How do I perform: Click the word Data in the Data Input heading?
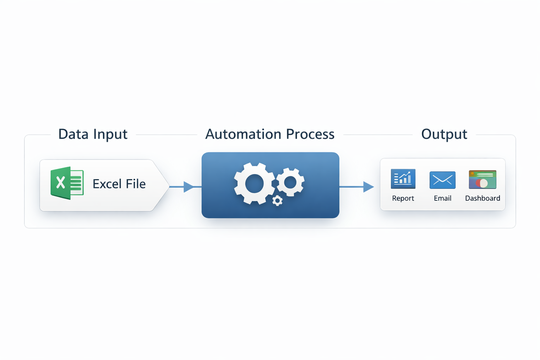[71, 134]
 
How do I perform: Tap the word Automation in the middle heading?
[243, 134]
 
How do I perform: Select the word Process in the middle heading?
[310, 134]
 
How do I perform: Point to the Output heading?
[444, 134]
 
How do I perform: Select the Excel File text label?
[119, 184]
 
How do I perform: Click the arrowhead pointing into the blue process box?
[189, 187]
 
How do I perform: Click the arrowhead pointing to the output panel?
[368, 187]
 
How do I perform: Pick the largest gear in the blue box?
[255, 184]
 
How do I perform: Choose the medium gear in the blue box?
[290, 182]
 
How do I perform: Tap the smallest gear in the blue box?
[277, 201]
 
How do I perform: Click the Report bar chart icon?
[403, 179]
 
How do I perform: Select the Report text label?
[403, 198]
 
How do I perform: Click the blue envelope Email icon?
[442, 180]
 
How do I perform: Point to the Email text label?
[442, 198]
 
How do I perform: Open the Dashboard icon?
[482, 179]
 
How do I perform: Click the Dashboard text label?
[482, 198]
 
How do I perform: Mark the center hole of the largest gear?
[255, 184]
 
